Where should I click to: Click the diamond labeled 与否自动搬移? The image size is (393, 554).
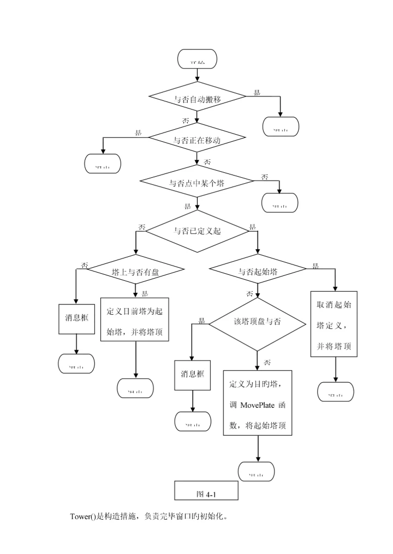pyautogui.click(x=197, y=99)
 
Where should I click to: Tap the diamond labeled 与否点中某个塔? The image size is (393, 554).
pyautogui.click(x=196, y=183)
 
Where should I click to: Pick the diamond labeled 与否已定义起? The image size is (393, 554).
pyautogui.click(x=197, y=231)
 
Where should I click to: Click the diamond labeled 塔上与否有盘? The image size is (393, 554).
pyautogui.click(x=135, y=272)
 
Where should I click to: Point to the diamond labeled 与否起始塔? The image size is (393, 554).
pyautogui.click(x=258, y=272)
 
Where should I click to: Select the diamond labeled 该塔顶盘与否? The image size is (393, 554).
pyautogui.click(x=257, y=323)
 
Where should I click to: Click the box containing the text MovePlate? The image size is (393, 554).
pyautogui.click(x=258, y=402)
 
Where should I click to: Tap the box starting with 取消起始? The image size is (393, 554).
pyautogui.click(x=334, y=324)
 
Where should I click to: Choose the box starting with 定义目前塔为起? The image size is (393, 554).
pyautogui.click(x=135, y=319)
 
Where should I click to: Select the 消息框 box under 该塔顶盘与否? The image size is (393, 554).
pyautogui.click(x=192, y=375)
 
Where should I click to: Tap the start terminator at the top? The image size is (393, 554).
pyautogui.click(x=197, y=59)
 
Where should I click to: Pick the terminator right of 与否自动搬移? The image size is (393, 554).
pyautogui.click(x=281, y=127)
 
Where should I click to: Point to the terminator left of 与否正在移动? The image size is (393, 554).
pyautogui.click(x=103, y=164)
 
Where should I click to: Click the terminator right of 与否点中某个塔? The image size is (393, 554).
pyautogui.click(x=280, y=203)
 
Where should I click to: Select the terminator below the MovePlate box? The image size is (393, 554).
pyautogui.click(x=257, y=472)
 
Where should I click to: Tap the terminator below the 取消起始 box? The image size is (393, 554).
pyautogui.click(x=336, y=392)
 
